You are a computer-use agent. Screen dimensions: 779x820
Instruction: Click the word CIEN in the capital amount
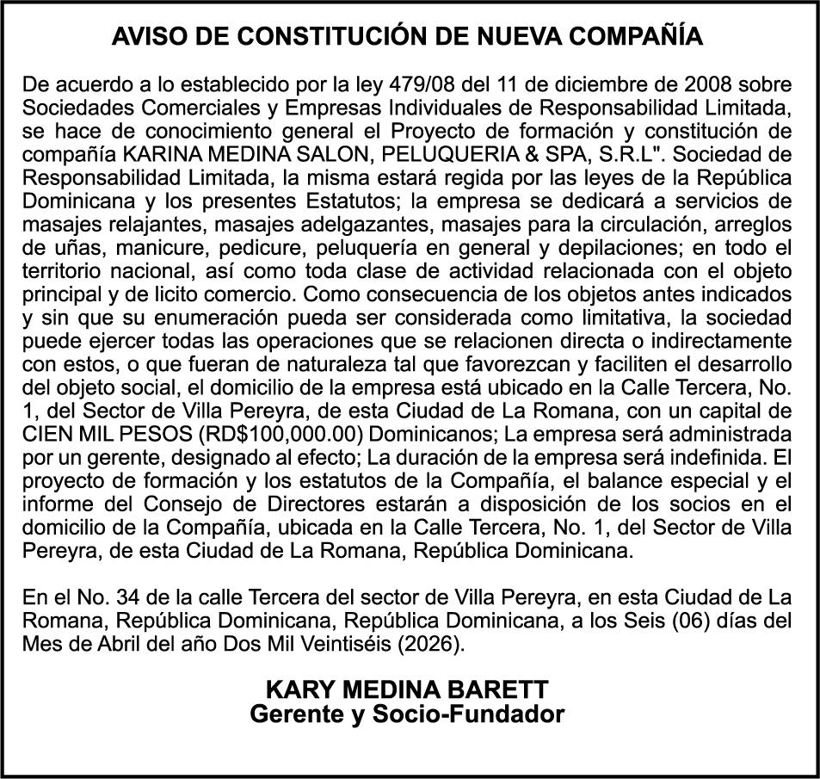50,431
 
